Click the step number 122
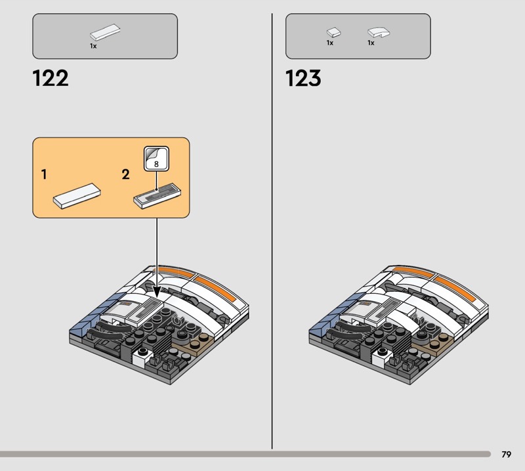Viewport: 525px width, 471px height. click(51, 78)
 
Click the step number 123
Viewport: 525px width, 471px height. click(303, 78)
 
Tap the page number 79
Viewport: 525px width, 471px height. click(506, 454)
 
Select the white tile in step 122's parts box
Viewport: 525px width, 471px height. click(105, 32)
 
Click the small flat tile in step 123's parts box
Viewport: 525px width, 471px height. click(333, 32)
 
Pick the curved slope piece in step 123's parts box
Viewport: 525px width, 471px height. click(379, 32)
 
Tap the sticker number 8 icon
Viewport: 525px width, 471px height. click(156, 159)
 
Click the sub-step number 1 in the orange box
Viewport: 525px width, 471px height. click(44, 174)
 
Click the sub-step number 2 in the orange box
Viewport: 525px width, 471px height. click(125, 174)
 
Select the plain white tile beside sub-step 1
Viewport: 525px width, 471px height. click(77, 196)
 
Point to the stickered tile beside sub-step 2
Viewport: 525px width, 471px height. click(157, 196)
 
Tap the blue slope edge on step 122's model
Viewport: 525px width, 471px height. click(91, 315)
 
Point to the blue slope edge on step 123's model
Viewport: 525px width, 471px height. click(330, 315)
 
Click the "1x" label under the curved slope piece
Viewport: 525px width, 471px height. click(371, 43)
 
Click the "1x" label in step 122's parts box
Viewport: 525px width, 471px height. click(93, 46)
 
